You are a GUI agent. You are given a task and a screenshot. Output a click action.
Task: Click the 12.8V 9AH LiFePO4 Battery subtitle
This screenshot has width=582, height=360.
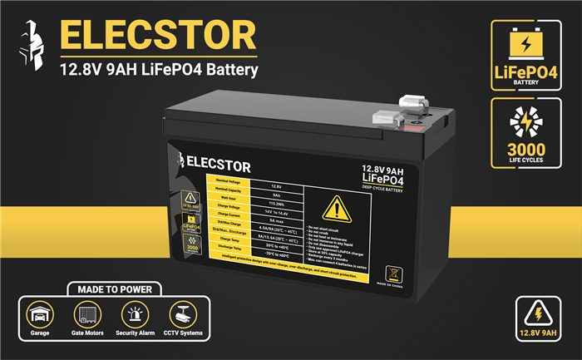coord(159,69)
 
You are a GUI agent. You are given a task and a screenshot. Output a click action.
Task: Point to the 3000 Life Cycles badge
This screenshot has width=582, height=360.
coord(525,132)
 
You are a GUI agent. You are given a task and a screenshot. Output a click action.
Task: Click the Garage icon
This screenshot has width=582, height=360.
coord(40,315)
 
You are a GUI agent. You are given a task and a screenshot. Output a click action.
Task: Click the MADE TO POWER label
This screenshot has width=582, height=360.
coord(108,290)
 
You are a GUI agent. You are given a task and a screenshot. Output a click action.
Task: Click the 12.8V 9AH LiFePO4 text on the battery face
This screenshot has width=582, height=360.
coord(387,174)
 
